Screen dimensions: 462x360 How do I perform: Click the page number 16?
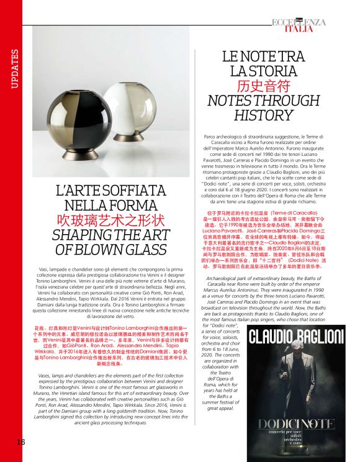[20, 442]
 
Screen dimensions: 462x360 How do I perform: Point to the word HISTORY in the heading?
[264, 116]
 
